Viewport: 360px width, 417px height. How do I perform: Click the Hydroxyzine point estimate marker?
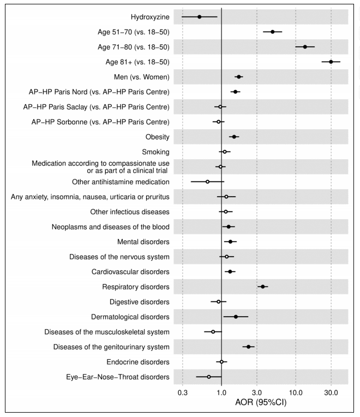(x=199, y=17)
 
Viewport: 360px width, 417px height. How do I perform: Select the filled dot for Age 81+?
(x=331, y=62)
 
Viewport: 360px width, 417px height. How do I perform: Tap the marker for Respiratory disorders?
(x=262, y=286)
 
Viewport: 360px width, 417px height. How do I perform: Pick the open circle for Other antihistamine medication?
(x=207, y=182)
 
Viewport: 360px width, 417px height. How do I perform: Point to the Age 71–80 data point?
(x=305, y=47)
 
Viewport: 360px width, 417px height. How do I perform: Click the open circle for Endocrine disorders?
(x=221, y=362)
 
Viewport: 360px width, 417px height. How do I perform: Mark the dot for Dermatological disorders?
(x=236, y=317)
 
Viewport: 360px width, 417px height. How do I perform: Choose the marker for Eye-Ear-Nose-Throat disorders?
(x=209, y=377)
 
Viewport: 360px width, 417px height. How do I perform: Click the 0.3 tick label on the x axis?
(x=183, y=393)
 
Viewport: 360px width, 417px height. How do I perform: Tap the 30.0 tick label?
(x=331, y=393)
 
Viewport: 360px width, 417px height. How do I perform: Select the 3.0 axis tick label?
(x=257, y=393)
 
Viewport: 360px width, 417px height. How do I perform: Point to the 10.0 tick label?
(x=296, y=393)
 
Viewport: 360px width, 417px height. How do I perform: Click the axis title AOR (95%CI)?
(x=261, y=402)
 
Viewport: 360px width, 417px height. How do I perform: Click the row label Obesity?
(x=157, y=137)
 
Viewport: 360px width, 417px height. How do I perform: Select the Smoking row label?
(x=155, y=152)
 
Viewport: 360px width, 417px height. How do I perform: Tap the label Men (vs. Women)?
(x=142, y=77)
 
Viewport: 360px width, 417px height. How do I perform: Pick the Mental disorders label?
(x=143, y=241)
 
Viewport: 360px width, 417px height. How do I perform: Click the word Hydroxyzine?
(x=150, y=17)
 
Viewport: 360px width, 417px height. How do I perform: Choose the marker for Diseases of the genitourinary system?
(x=248, y=347)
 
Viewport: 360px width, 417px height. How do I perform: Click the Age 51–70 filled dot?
(x=273, y=32)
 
